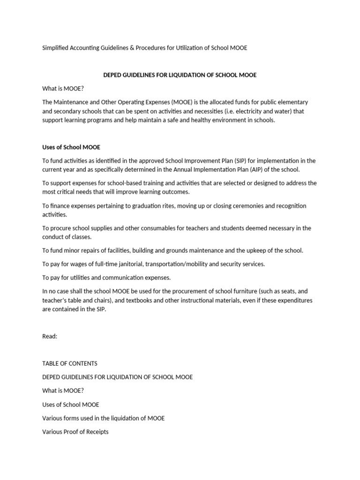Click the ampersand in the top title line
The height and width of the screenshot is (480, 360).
tap(132, 48)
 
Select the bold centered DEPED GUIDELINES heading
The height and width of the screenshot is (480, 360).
tap(180, 75)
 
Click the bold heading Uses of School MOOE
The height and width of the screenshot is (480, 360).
tap(71, 147)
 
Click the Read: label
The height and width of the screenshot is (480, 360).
tap(50, 336)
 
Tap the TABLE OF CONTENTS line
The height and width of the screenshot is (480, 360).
tap(70, 363)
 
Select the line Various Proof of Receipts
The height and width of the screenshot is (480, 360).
tap(75, 431)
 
